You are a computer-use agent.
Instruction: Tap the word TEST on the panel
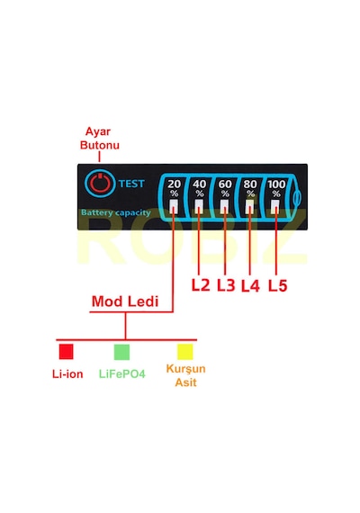[131, 184]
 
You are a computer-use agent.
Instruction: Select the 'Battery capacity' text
[116, 212]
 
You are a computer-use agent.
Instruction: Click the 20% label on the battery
[174, 188]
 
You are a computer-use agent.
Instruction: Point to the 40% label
[199, 188]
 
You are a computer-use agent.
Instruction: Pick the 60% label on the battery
[225, 188]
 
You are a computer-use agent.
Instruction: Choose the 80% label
[250, 188]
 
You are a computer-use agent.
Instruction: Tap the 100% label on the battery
[276, 188]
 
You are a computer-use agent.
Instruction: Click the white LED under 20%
[174, 207]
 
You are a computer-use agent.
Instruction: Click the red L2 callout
[201, 285]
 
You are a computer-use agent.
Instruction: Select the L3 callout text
[226, 285]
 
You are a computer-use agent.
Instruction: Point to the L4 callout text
[251, 285]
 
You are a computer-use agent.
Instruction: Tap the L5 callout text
[278, 285]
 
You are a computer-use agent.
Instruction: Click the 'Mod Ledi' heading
[125, 301]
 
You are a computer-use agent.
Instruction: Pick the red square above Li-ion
[66, 351]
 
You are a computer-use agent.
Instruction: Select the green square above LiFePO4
[121, 352]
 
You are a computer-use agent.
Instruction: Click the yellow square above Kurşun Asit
[184, 352]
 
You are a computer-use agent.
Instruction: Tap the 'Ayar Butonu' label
[100, 139]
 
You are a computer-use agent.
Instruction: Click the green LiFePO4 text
[122, 374]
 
